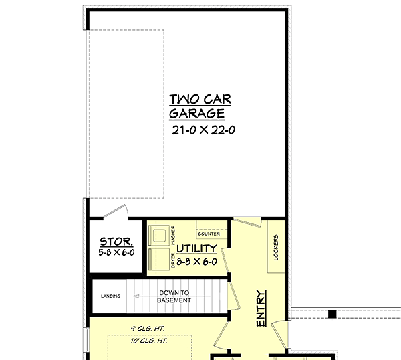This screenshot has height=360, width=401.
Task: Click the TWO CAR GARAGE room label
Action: click(200, 107)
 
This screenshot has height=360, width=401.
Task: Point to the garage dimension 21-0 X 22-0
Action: click(203, 130)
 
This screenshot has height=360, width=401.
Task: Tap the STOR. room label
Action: click(116, 242)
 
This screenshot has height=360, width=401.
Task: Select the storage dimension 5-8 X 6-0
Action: click(116, 252)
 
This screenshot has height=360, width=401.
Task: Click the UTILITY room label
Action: click(196, 248)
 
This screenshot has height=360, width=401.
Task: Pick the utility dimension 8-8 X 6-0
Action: click(196, 262)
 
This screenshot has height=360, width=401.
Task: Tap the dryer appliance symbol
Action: click(159, 259)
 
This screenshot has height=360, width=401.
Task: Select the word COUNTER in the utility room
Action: click(209, 234)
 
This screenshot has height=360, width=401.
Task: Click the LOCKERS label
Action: click(276, 248)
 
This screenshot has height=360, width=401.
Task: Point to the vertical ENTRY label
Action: click(261, 308)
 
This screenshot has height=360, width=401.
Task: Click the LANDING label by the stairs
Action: click(110, 296)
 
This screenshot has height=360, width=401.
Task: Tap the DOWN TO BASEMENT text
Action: click(174, 296)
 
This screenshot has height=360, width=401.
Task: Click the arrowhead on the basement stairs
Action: click(136, 296)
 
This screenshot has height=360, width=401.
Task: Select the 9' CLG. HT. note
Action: click(148, 329)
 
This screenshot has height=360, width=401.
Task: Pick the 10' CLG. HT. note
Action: click(149, 341)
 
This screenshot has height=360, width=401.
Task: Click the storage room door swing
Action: click(116, 211)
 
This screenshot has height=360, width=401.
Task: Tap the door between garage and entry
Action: click(247, 221)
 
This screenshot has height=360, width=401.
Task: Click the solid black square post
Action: click(332, 314)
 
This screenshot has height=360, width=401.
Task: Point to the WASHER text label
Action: click(174, 235)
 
